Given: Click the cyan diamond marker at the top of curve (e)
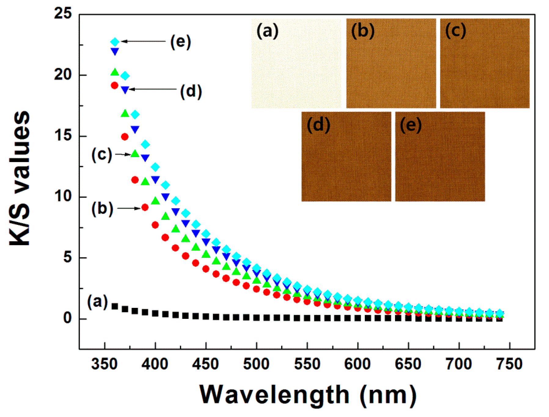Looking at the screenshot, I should pos(115,42).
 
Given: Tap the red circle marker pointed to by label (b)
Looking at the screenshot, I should pos(145,208).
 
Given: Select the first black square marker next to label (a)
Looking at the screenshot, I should pos(115,306).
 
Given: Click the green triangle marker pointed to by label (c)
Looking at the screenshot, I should pos(135,154).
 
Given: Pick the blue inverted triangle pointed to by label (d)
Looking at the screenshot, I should pos(125,90).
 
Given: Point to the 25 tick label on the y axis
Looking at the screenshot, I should pos(63,14).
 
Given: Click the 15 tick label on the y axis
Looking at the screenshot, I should pos(63,135).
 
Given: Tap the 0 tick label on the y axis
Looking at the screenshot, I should pos(67,319).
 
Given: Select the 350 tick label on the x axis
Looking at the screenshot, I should pos(104,364).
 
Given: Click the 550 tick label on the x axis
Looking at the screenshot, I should pos(307,364).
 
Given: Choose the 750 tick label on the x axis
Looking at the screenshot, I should pos(509,364).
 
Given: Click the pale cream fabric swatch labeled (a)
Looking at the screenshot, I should pos(296,64).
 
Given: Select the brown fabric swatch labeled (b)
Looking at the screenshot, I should pos(391,64).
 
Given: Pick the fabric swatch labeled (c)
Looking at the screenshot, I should pos(485,64).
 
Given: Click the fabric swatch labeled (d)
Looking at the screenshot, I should pos(346,157).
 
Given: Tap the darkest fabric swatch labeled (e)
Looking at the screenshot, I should pos(440,157).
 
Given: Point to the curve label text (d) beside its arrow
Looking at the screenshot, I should pos(191,91).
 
